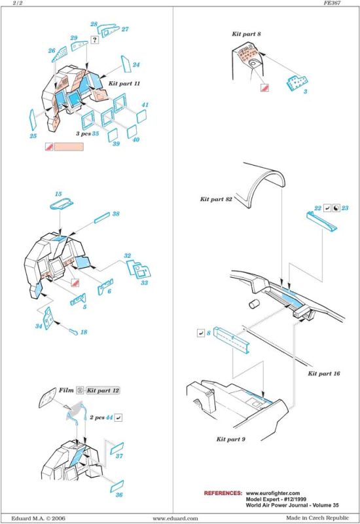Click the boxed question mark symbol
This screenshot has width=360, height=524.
pos(95,40)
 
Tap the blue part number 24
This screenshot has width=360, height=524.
pos(136,64)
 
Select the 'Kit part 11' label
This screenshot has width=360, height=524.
pos(124,83)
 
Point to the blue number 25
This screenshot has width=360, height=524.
pos(33,136)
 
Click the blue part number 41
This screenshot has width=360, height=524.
pos(145,105)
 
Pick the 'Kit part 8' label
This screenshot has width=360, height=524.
pos(246,34)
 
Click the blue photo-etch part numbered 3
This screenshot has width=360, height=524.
pos(297,83)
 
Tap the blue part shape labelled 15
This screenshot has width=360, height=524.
pos(62,204)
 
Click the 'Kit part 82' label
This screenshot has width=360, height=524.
pos(216,199)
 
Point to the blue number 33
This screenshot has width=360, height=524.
pos(144,283)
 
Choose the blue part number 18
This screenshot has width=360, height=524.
pos(84,332)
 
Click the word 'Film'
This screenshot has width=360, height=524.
pos(66,390)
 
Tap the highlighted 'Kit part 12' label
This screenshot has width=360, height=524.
pos(103,390)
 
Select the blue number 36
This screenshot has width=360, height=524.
pos(119,495)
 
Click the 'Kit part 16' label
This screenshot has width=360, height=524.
pos(323,373)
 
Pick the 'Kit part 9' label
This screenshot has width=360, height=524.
pos(231,439)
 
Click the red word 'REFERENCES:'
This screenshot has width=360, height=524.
pos(223,493)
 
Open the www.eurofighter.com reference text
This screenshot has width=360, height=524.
pos(273,493)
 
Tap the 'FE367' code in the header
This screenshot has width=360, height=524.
pos(332,3)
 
